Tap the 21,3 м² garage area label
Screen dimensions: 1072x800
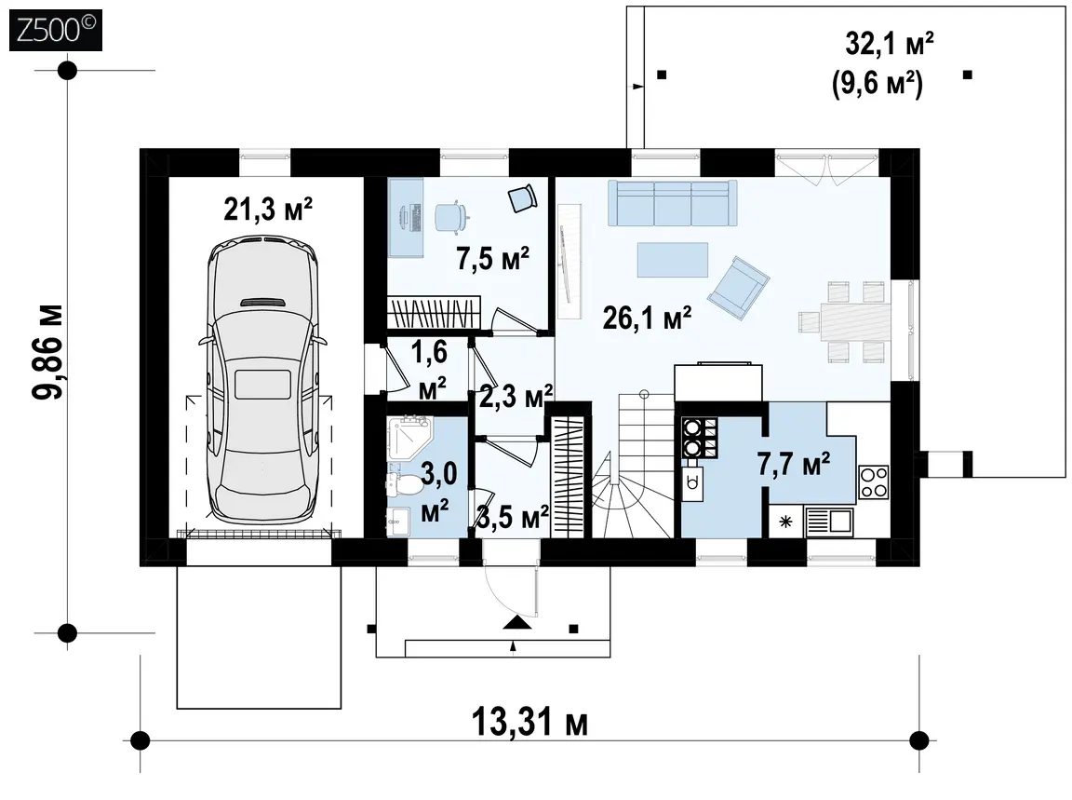[x=268, y=209]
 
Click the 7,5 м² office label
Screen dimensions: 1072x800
[x=492, y=259]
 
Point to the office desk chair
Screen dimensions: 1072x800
[x=451, y=216]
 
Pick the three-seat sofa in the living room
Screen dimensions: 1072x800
[x=673, y=203]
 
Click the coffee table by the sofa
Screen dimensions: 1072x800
[x=673, y=260]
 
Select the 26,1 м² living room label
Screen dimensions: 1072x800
[x=647, y=319]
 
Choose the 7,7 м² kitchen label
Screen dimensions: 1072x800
[x=793, y=464]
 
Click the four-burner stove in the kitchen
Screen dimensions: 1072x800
[x=873, y=481]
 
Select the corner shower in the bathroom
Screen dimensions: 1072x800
[x=408, y=439]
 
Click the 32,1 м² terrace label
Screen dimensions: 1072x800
[x=890, y=45]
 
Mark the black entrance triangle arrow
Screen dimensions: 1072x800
[x=516, y=622]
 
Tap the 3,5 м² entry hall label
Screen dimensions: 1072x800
[x=513, y=518]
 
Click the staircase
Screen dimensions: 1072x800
[x=633, y=466]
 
